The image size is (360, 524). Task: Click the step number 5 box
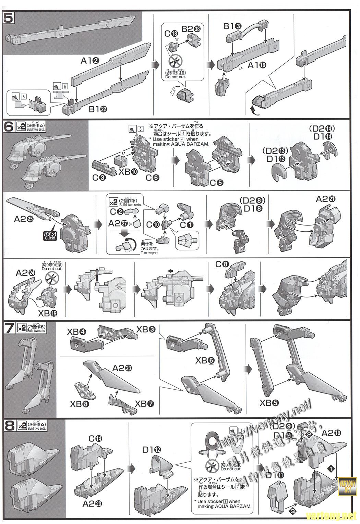point(9,17)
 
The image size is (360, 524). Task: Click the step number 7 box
point(9,328)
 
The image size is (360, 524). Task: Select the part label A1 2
point(90,61)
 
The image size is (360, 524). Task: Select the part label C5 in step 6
point(217,183)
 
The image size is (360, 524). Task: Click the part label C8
point(222,264)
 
